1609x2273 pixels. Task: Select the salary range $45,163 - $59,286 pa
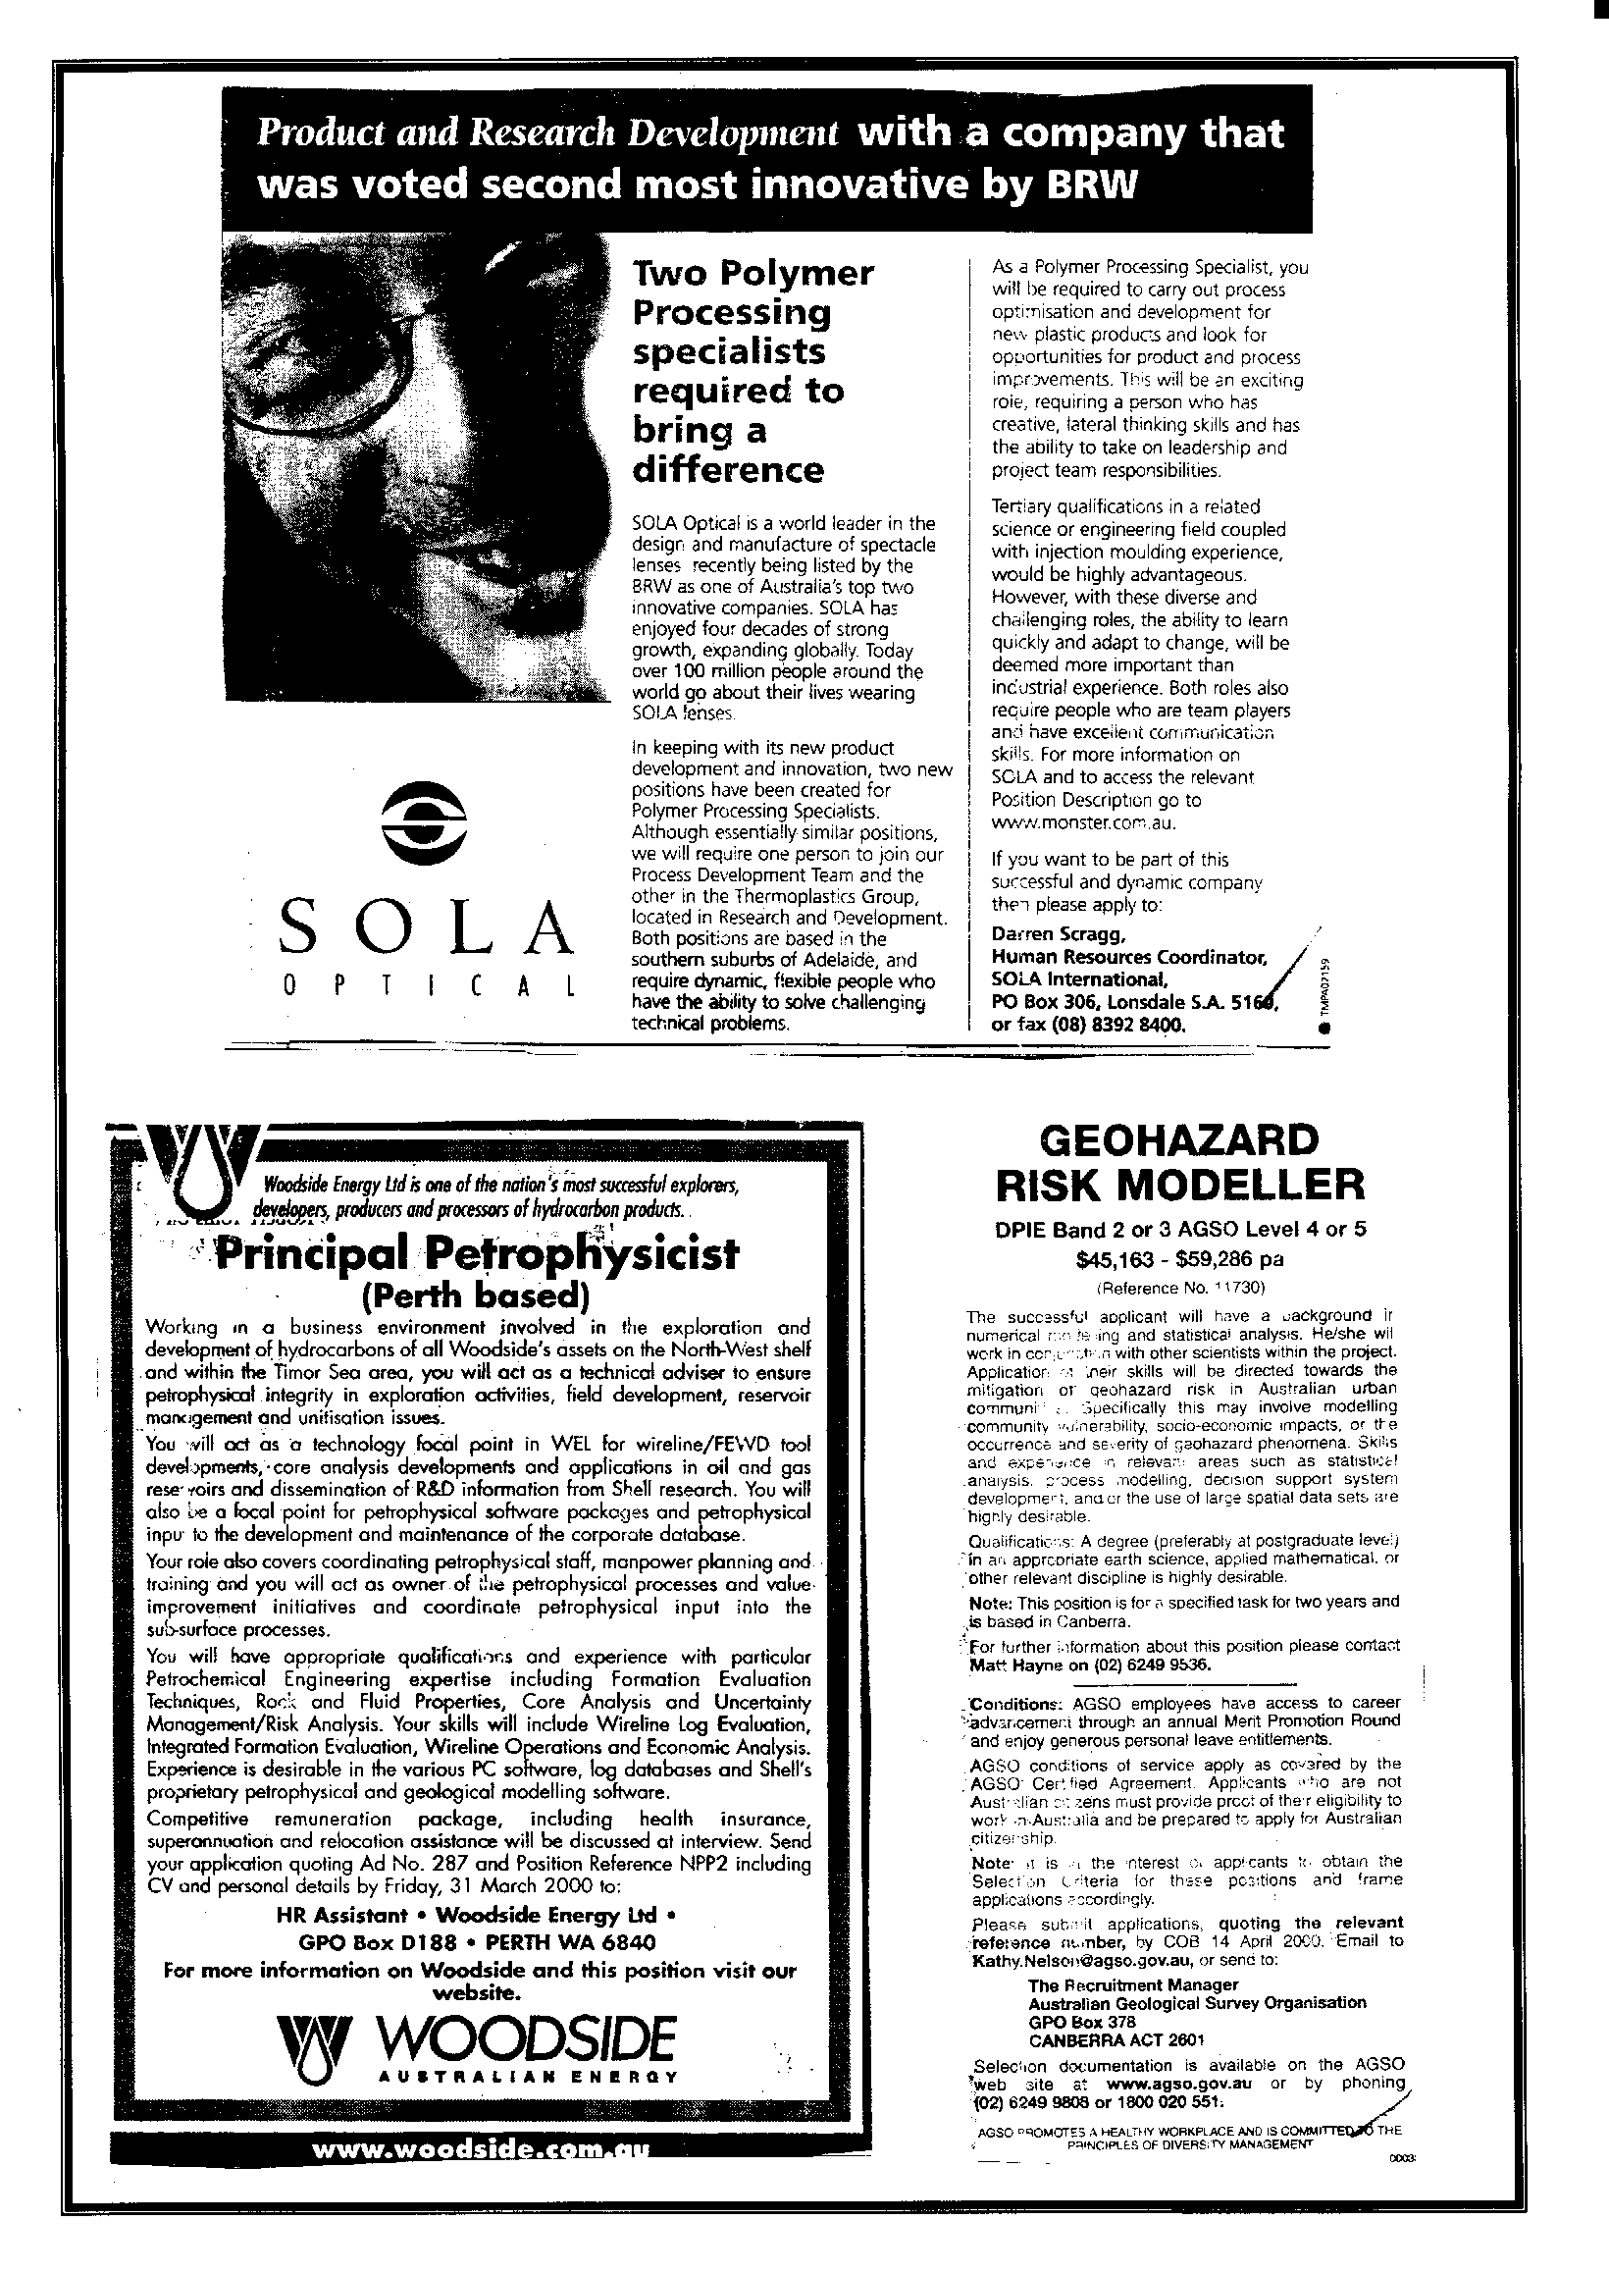click(x=1180, y=1260)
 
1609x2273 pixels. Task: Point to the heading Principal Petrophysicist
click(x=478, y=1255)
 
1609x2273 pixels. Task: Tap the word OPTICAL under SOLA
click(x=427, y=987)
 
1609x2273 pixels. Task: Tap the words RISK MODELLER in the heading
click(x=1180, y=1184)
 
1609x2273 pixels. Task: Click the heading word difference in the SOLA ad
click(x=728, y=469)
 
